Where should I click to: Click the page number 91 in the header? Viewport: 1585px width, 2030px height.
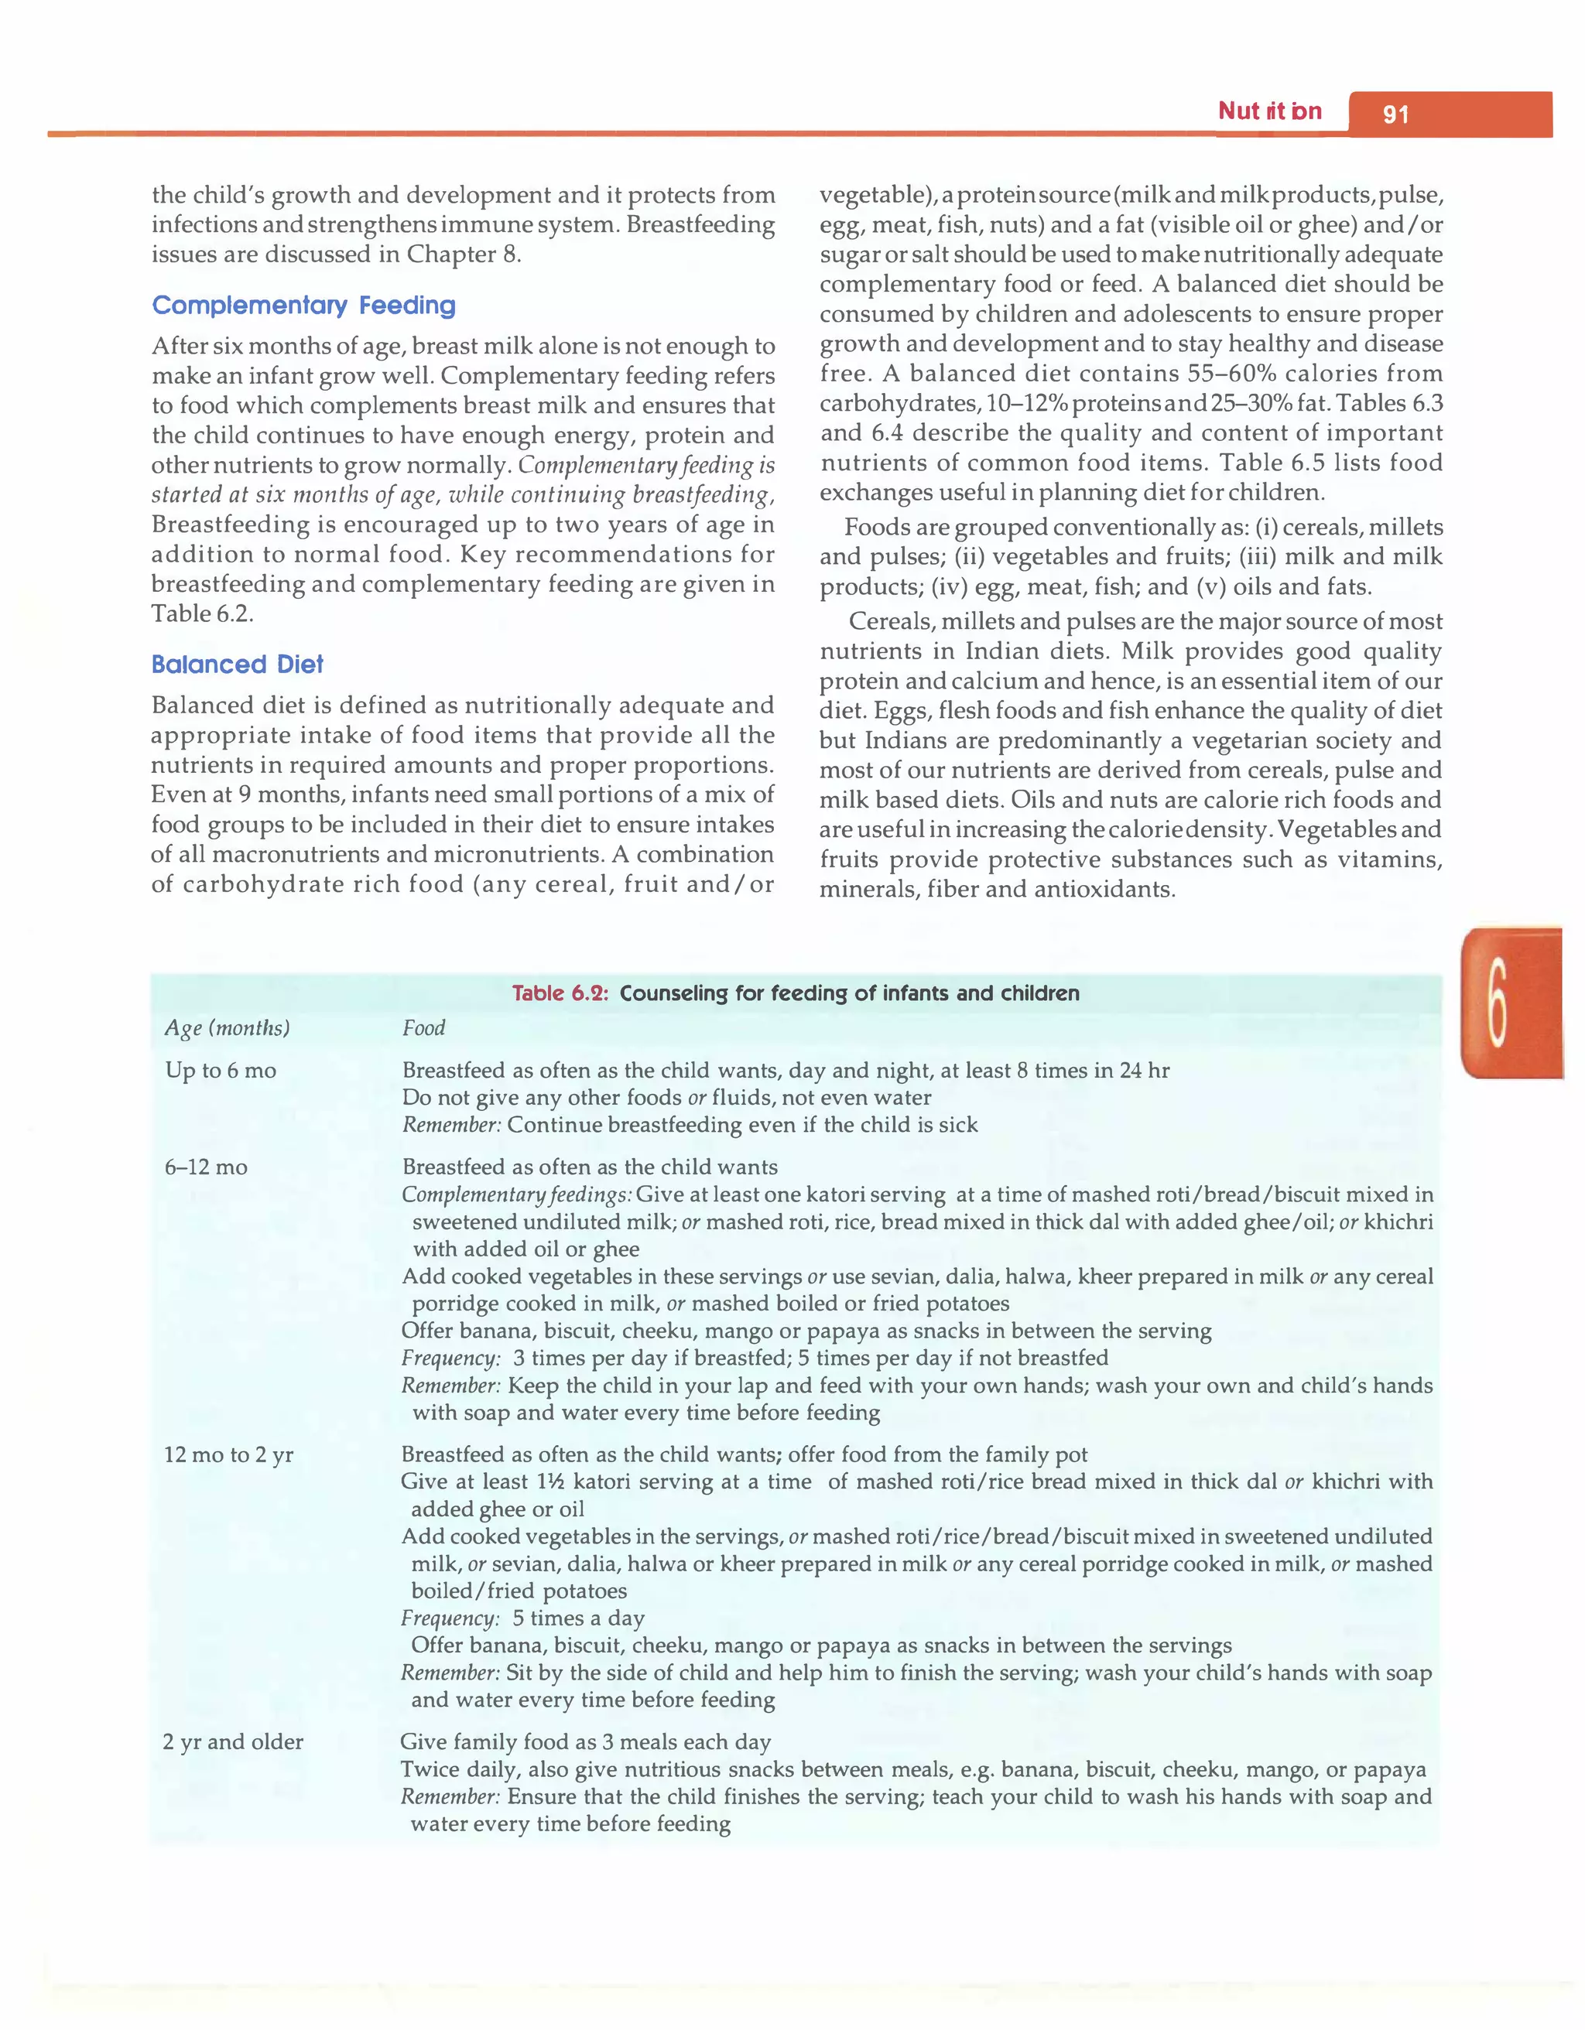1395,114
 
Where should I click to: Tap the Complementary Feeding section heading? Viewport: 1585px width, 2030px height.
304,305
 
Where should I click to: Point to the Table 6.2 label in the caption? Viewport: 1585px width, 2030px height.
560,993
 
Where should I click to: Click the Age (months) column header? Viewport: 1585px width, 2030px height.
227,1027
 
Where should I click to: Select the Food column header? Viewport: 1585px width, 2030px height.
423,1027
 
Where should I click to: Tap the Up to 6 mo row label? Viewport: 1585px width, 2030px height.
221,1070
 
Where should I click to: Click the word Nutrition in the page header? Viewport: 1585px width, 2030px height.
1269,111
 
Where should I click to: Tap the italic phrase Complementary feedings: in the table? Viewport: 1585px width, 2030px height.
516,1194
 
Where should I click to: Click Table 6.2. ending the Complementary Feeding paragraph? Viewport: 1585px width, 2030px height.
202,613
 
